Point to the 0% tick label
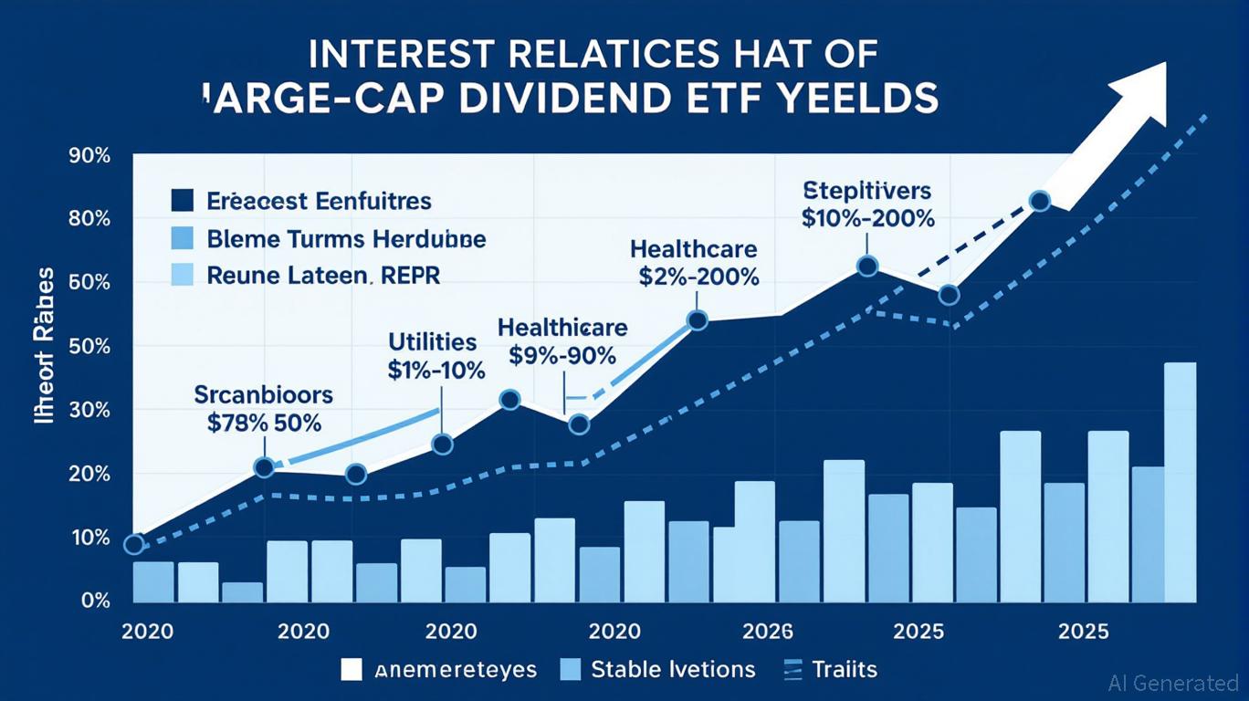(x=95, y=602)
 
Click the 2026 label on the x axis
(x=769, y=632)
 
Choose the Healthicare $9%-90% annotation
(x=562, y=341)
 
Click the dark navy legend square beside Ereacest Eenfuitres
(x=183, y=200)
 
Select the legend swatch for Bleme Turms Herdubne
(x=183, y=239)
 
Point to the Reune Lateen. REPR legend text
(x=324, y=276)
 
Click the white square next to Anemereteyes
(x=352, y=669)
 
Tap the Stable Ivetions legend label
(x=673, y=669)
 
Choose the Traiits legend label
(x=844, y=669)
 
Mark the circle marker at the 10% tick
(x=133, y=545)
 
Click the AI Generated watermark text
(x=1172, y=682)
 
